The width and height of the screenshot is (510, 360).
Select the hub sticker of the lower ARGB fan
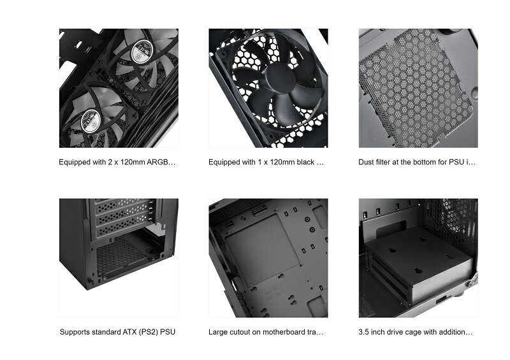pos(91,121)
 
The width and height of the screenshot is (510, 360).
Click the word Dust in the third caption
pos(366,162)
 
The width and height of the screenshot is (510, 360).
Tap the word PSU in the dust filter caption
pos(456,162)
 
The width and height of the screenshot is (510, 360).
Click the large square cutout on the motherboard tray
pos(262,250)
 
